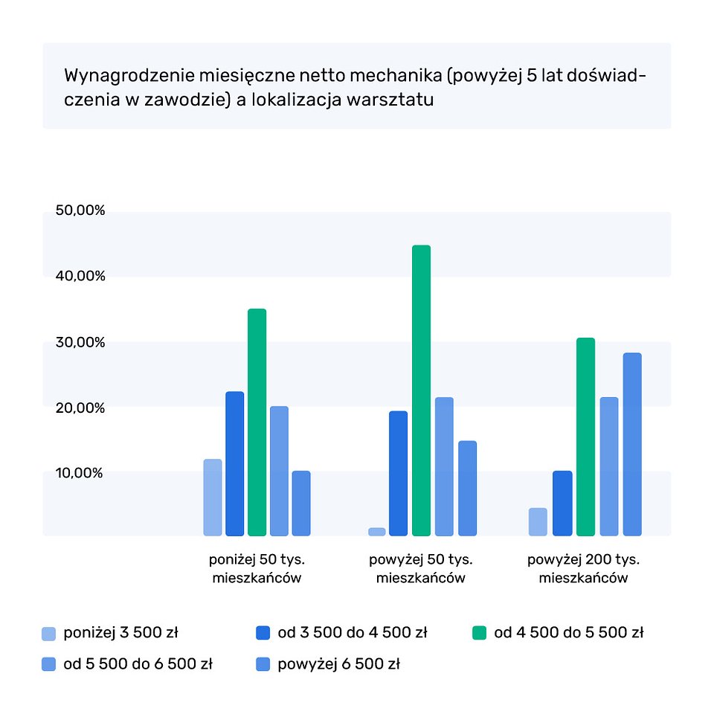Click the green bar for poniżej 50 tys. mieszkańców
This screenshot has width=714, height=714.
[x=257, y=422]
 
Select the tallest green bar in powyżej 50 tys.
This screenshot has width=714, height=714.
[x=421, y=390]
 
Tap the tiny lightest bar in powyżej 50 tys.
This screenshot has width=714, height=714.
[x=377, y=531]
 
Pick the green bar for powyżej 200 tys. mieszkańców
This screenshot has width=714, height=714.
[x=585, y=437]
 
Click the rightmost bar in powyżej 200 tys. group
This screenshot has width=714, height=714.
[x=632, y=444]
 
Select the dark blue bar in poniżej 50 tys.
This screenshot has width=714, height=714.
[x=234, y=463]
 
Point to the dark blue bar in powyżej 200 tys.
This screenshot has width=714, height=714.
[x=562, y=503]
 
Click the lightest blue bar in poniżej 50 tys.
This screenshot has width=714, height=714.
[x=213, y=497]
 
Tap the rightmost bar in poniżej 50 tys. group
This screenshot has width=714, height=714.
[x=301, y=503]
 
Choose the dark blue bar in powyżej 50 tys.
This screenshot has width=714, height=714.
[x=398, y=473]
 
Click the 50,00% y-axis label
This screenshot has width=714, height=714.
[x=80, y=210]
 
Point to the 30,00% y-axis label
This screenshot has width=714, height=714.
[x=80, y=342]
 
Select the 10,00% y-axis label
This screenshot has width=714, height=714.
[x=80, y=473]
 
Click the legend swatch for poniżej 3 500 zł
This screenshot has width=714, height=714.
[x=49, y=634]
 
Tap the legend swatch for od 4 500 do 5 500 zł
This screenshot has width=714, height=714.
[x=480, y=634]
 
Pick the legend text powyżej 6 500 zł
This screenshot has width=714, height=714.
[x=338, y=664]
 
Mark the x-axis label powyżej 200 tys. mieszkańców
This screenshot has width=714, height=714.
[x=584, y=569]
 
